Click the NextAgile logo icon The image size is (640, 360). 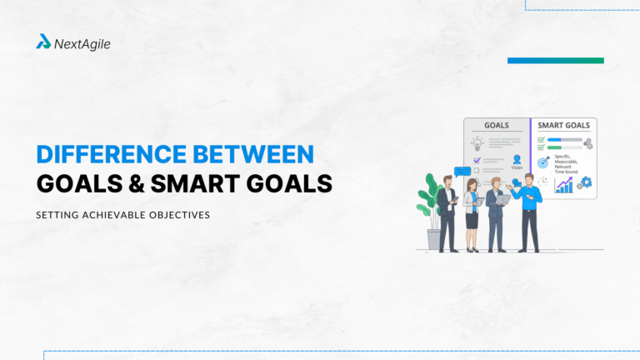tap(43, 41)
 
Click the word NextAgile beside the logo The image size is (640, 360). tap(82, 42)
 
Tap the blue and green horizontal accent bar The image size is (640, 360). tap(555, 61)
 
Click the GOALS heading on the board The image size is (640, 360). tap(497, 125)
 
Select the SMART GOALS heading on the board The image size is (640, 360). tap(564, 125)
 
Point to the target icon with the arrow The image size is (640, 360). tap(543, 161)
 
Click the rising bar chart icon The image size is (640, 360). tap(564, 184)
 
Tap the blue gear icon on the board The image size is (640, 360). tap(585, 182)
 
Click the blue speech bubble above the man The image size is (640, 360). tap(462, 172)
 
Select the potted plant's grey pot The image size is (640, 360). tap(433, 240)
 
